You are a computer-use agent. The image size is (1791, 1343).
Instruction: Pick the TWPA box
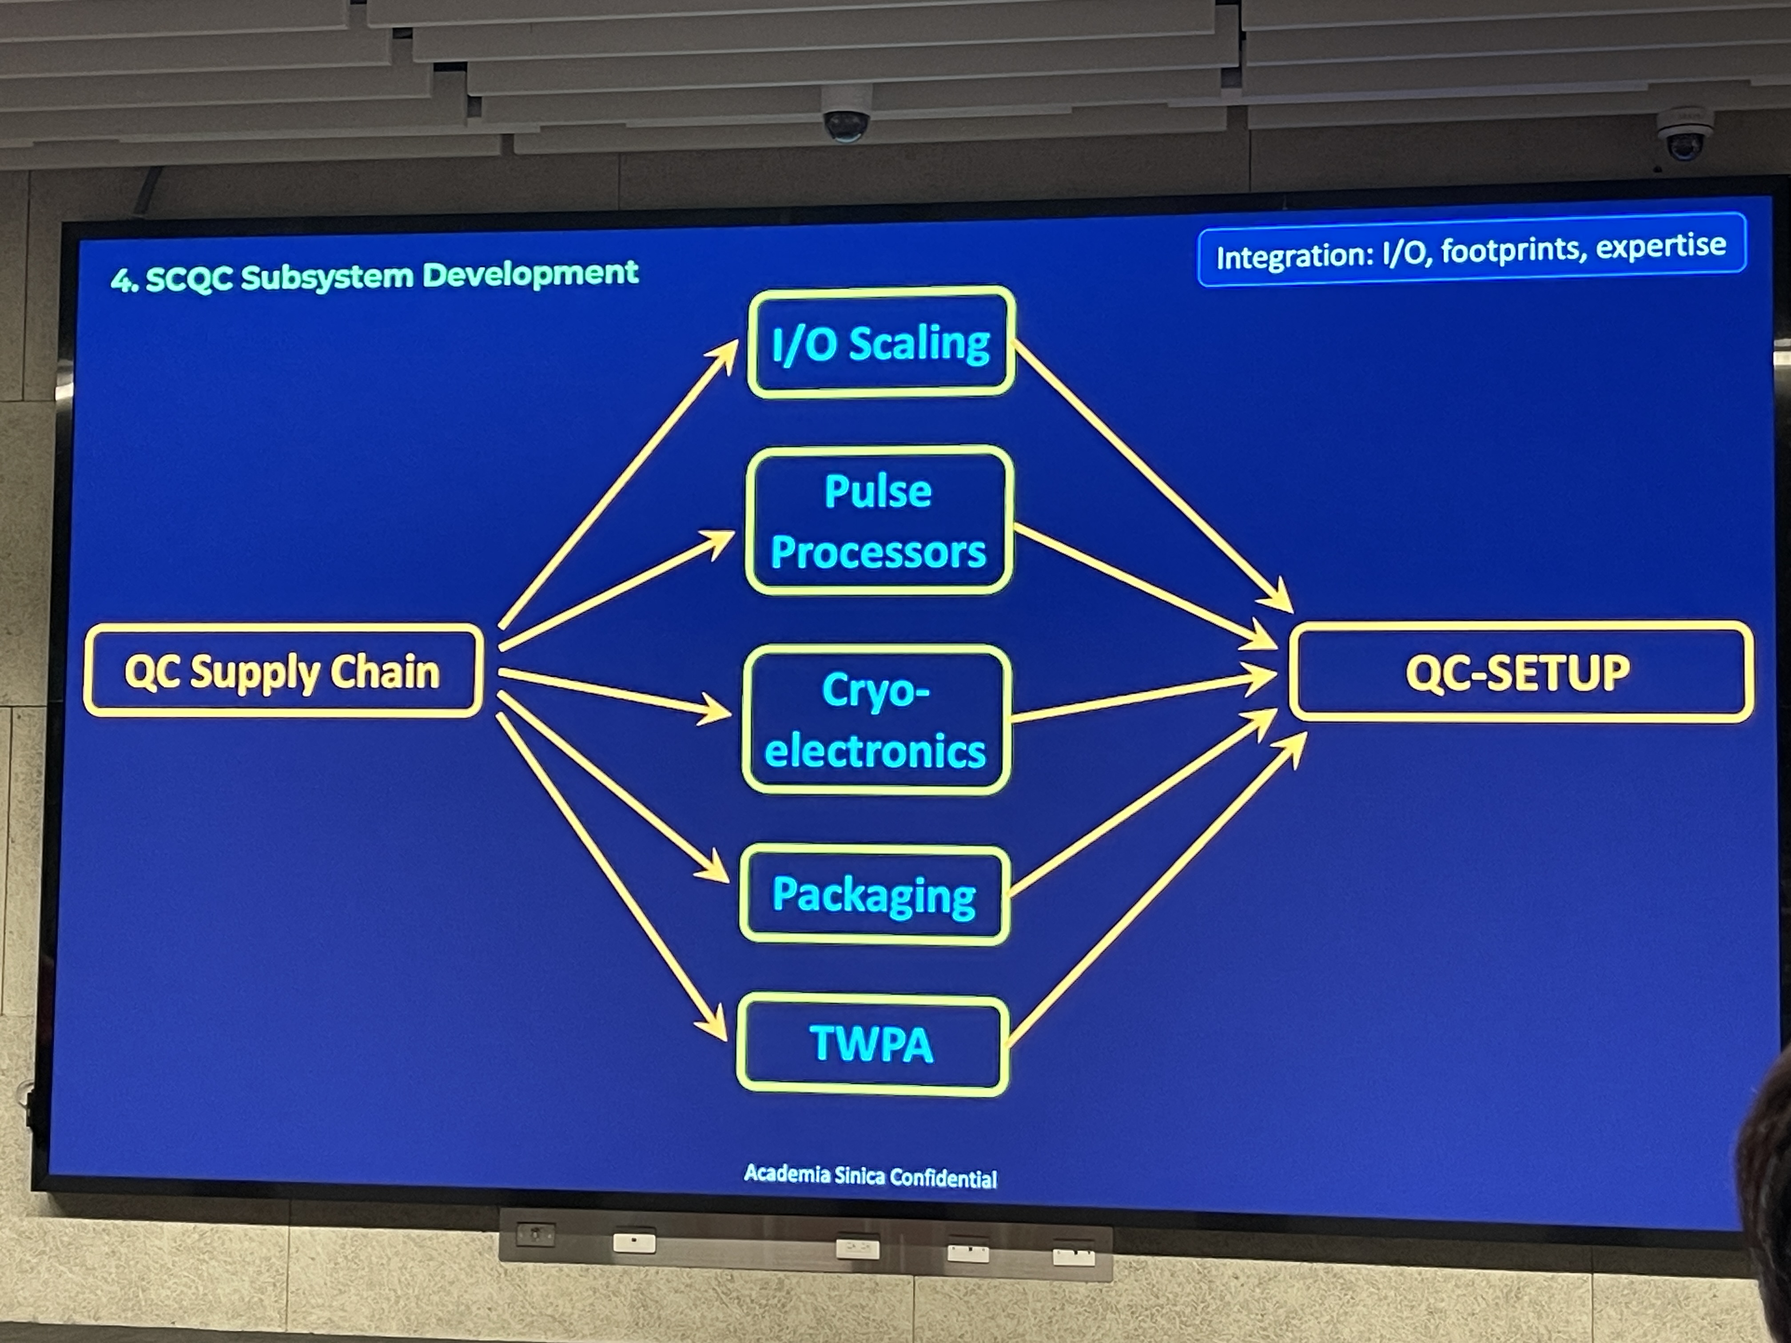click(x=872, y=1044)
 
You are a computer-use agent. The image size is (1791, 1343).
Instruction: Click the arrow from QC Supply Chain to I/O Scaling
click(x=615, y=486)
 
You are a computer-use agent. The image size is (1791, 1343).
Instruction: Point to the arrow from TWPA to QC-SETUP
click(x=1154, y=890)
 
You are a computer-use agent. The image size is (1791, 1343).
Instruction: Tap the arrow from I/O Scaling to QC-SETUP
click(x=1150, y=473)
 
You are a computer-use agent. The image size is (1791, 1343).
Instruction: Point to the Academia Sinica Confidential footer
click(x=870, y=1176)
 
